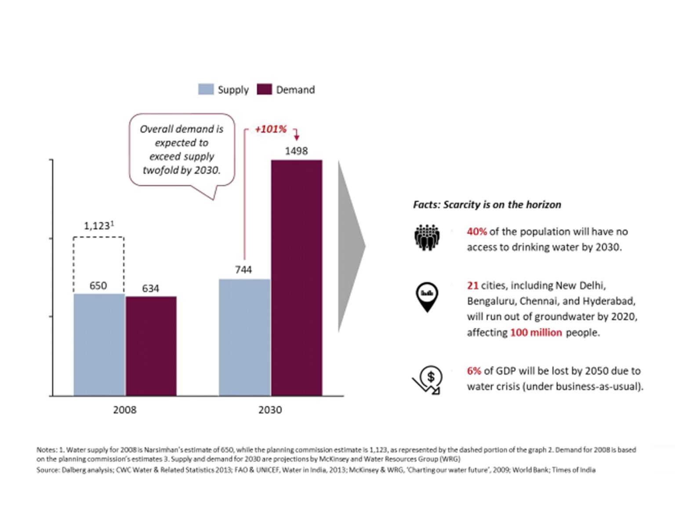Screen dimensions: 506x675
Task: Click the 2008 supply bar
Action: [99, 345]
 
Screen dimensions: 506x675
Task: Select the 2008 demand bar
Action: [151, 346]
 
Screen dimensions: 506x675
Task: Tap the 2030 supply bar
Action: [245, 337]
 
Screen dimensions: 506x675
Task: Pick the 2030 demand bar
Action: [297, 278]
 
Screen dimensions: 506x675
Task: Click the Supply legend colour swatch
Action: [206, 90]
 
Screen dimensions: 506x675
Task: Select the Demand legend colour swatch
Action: [264, 90]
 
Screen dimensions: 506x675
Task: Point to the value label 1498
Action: [296, 151]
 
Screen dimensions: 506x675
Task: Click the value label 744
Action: [243, 270]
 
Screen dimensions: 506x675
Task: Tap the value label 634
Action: [150, 289]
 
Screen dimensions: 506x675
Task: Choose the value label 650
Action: [98, 286]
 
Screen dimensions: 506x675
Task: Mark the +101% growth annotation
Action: [271, 129]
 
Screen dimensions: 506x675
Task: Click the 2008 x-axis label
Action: [125, 410]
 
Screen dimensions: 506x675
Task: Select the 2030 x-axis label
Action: [270, 410]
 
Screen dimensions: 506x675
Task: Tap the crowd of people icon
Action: [427, 238]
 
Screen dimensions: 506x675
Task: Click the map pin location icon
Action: [427, 296]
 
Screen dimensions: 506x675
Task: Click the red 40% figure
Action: [476, 231]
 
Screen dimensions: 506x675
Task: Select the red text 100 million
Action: [536, 333]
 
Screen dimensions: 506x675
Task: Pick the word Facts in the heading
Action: [426, 205]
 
